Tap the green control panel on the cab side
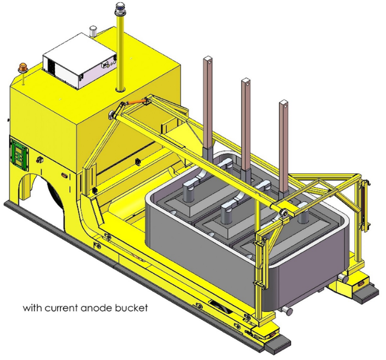tap(19, 154)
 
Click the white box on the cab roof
tap(80, 60)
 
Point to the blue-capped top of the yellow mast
tap(119, 9)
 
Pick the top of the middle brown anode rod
tap(245, 81)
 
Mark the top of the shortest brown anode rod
tap(283, 103)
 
